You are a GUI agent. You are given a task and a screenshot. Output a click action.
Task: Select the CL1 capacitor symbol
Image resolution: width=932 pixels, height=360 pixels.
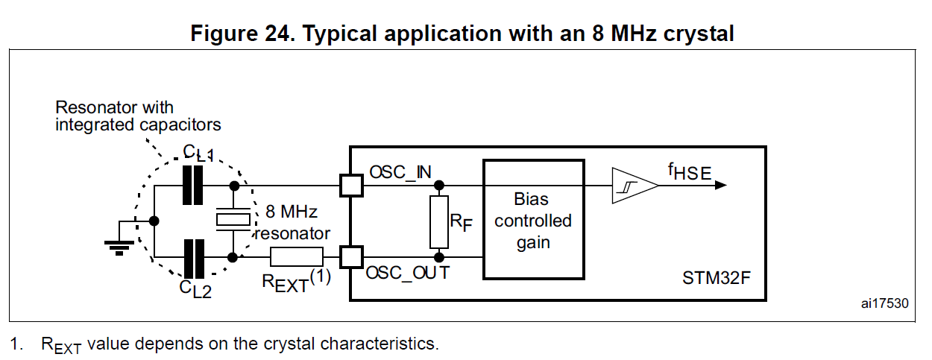(x=192, y=185)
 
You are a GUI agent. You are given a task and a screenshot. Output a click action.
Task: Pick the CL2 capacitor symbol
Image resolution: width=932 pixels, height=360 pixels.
(x=194, y=257)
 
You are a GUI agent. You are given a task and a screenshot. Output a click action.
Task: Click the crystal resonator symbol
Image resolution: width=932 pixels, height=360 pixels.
(x=233, y=218)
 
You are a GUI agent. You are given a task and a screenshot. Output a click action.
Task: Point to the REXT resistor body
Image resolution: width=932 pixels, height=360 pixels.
(x=296, y=257)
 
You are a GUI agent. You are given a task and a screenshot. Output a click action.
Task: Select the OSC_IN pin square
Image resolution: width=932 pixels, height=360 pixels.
(x=350, y=186)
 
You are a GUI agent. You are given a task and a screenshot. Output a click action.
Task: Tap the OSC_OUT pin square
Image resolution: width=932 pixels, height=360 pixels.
(x=350, y=257)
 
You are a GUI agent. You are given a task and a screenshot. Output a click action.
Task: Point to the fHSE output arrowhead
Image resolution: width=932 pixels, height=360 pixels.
(x=720, y=186)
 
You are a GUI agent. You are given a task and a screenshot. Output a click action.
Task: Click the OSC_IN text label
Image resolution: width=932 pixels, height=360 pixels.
(x=400, y=172)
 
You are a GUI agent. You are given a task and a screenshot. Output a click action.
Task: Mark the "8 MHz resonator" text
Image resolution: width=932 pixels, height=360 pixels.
(x=292, y=222)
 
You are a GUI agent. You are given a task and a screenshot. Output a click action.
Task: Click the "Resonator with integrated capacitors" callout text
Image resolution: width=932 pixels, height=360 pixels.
(x=138, y=116)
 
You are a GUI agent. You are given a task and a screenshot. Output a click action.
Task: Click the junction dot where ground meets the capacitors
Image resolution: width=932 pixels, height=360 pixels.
(x=153, y=221)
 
